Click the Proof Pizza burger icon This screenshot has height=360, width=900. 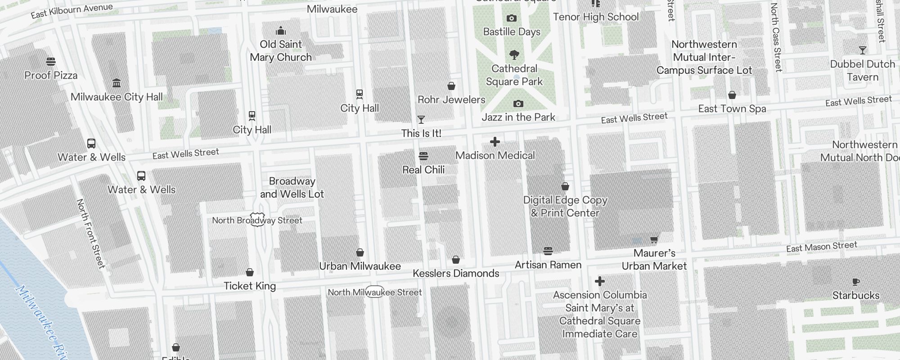point(51,61)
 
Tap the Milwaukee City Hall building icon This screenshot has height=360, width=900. point(117,83)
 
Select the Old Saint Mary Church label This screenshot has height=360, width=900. point(281,51)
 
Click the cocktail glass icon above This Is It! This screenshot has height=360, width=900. point(421,119)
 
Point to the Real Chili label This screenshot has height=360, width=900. point(423,170)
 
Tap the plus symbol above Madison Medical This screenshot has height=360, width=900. point(495,142)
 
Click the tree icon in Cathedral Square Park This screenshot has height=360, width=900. point(514,55)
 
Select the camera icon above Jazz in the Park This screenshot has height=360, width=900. point(518,104)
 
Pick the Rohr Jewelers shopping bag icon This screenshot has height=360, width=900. point(451,86)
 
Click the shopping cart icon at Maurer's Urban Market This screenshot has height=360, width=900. point(654,239)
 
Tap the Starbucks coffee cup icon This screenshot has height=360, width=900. point(855,282)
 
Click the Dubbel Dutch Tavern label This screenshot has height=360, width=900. point(862,71)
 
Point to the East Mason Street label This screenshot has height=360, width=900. point(822,247)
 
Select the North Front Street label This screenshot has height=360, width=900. point(90,234)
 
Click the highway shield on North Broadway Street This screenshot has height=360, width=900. point(257,220)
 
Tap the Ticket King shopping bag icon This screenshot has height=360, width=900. point(250,272)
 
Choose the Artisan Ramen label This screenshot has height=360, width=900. point(548,265)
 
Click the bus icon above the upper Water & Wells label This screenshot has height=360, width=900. point(91,144)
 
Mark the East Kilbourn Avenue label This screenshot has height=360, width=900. point(72,11)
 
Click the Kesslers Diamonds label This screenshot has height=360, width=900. point(456,274)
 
